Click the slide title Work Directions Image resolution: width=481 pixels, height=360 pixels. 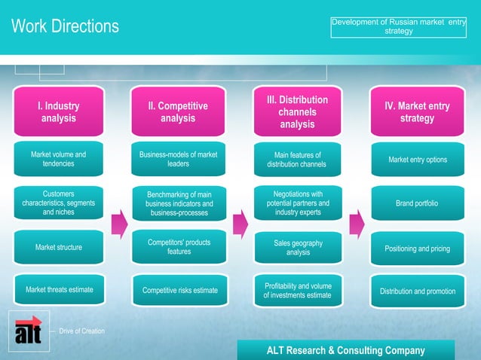(65, 26)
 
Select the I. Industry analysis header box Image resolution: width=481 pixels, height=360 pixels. (58, 112)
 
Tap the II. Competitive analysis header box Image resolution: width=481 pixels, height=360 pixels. (178, 112)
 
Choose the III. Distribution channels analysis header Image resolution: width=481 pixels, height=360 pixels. (297, 111)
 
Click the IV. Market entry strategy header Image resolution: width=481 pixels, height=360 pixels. (417, 112)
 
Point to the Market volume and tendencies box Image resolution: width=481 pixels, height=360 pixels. (58, 159)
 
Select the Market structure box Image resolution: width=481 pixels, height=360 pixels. (58, 247)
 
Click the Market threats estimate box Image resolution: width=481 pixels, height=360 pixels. (58, 290)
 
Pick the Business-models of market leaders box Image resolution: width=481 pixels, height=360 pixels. (178, 159)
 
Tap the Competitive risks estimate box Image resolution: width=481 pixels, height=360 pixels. (179, 291)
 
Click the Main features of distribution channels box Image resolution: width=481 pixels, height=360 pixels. (297, 160)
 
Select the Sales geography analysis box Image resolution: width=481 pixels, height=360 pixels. (298, 248)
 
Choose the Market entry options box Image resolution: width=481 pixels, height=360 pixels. (417, 160)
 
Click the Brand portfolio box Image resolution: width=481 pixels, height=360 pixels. (417, 203)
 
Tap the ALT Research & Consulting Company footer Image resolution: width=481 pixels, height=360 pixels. (345, 350)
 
